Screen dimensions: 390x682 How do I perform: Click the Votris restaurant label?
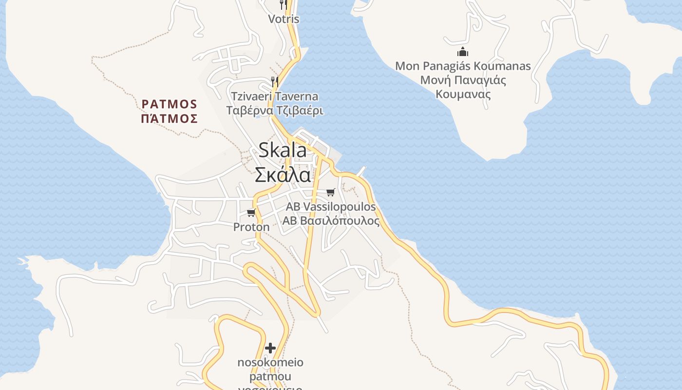284,19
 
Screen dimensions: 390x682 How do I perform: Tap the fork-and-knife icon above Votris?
283,5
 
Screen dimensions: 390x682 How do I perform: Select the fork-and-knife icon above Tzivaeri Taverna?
275,81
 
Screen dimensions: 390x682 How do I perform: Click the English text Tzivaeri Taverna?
275,97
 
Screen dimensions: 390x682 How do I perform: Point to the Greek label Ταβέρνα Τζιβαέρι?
275,111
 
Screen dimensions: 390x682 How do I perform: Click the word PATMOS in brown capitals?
170,104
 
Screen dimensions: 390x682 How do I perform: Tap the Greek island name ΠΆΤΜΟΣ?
170,118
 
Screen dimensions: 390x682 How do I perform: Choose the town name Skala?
283,150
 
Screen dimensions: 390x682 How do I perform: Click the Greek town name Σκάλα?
283,175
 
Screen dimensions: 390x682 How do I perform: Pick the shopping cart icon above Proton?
251,213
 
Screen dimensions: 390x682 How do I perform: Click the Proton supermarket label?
251,227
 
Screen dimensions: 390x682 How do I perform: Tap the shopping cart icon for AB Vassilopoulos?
331,192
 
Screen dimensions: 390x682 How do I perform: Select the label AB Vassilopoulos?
331,207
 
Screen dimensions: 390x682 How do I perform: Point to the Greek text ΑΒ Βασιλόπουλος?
331,221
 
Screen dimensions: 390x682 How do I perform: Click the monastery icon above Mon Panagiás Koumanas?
463,52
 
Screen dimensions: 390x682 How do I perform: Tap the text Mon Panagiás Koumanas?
463,66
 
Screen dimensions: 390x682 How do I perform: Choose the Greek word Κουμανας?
463,94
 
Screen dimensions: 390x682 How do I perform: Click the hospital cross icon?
270,348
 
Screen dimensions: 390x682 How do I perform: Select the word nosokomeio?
270,362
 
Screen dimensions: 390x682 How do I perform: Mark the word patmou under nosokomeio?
270,376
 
